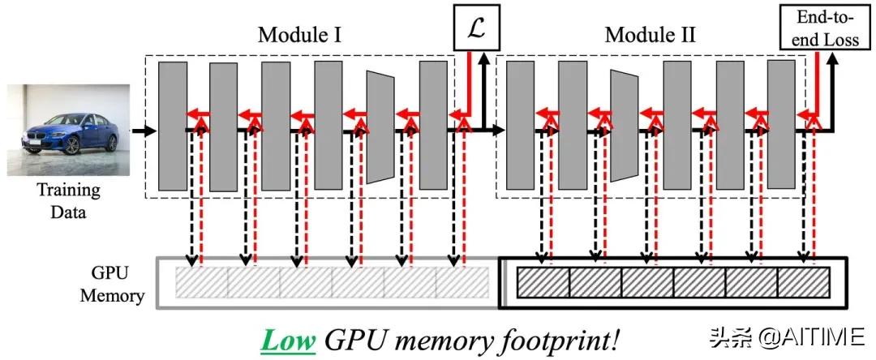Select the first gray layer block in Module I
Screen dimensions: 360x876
click(173, 126)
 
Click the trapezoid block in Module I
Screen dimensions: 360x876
click(380, 126)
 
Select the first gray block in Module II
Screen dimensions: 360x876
click(520, 125)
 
